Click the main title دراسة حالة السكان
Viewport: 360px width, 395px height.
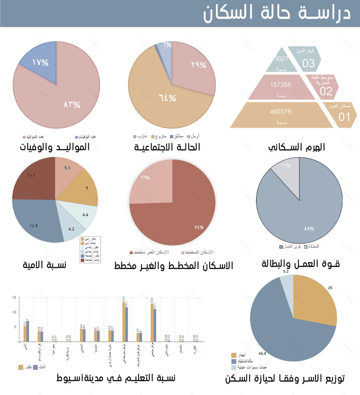pyautogui.click(x=277, y=13)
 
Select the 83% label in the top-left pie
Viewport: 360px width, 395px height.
pyautogui.click(x=72, y=104)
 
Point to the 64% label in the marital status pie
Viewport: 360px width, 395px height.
pyautogui.click(x=167, y=98)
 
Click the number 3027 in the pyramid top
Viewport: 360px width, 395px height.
pyautogui.click(x=281, y=59)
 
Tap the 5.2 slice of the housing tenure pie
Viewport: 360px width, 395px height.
pyautogui.click(x=287, y=283)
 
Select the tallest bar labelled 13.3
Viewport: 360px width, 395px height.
pyautogui.click(x=124, y=322)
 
